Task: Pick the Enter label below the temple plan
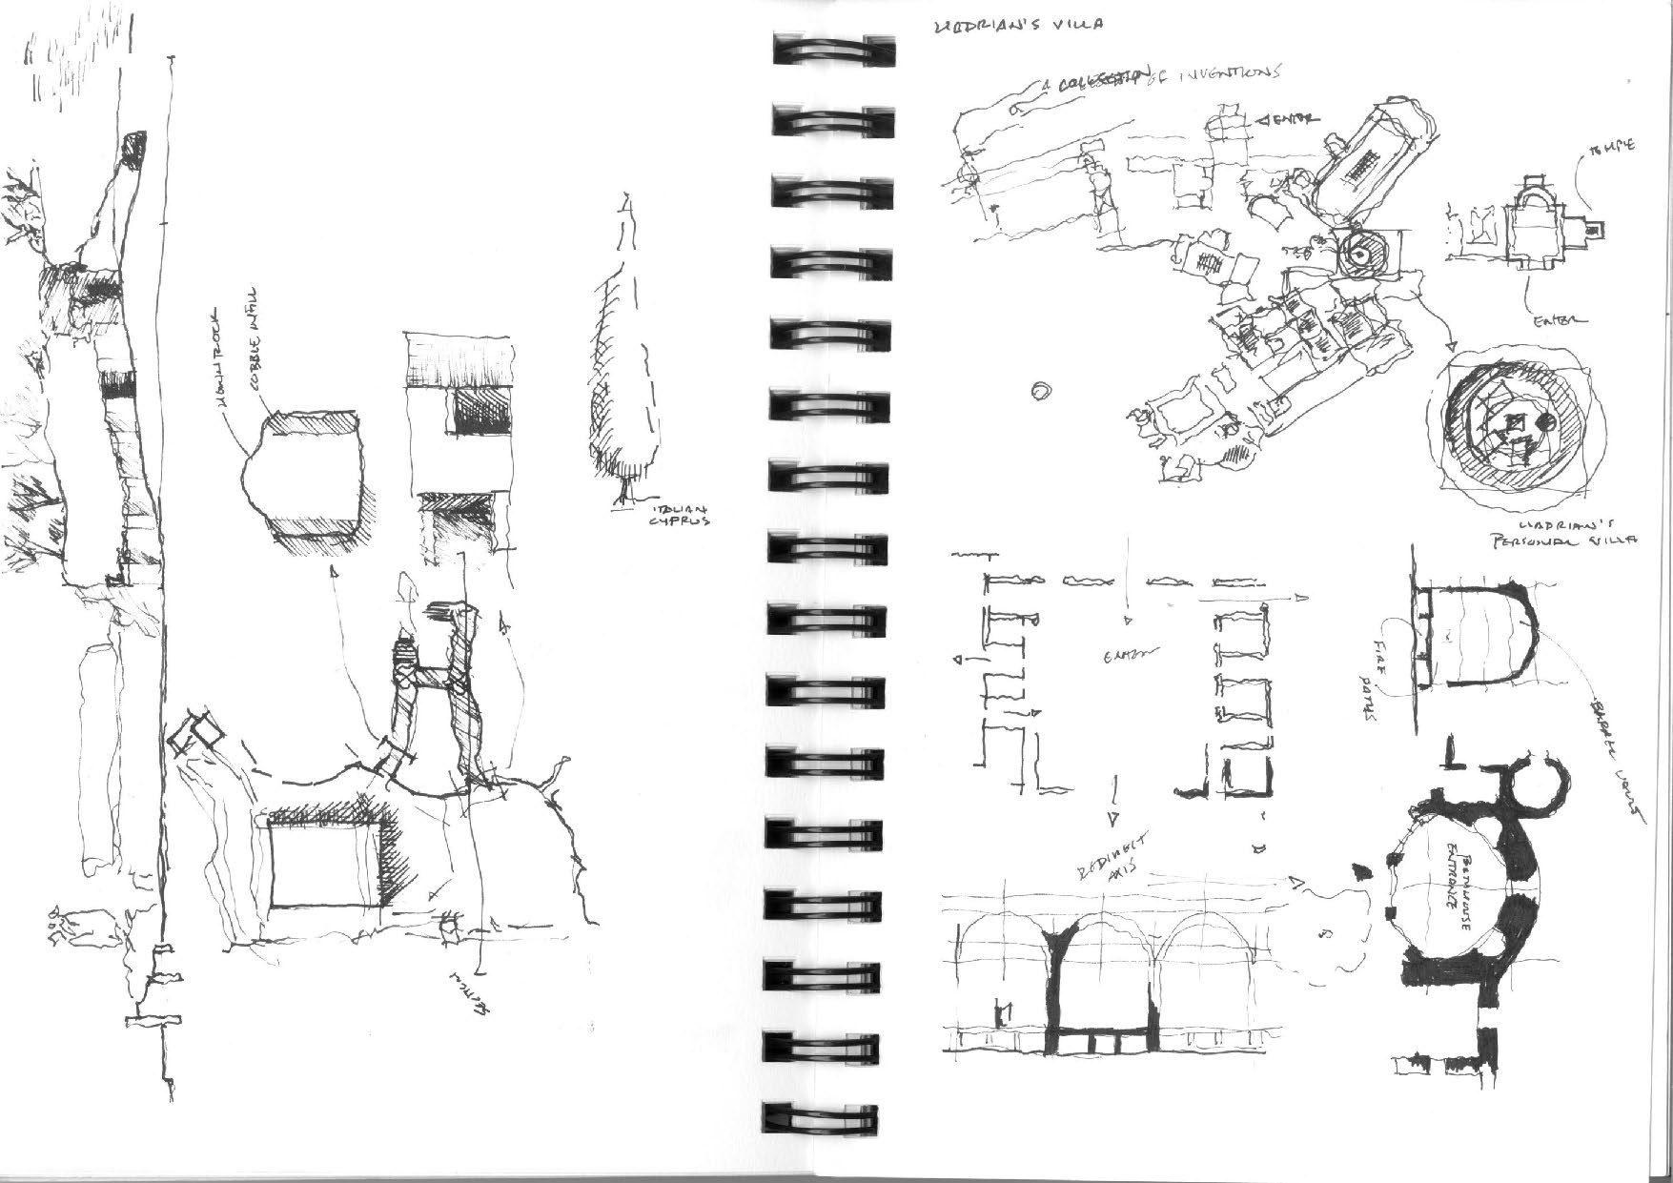[1559, 321]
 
